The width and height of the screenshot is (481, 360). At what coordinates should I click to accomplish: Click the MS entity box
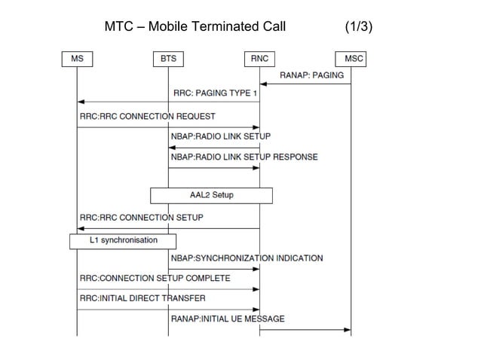click(77, 58)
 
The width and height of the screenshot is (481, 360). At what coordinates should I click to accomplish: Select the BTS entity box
click(168, 58)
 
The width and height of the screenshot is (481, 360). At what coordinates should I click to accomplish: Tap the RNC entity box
click(260, 58)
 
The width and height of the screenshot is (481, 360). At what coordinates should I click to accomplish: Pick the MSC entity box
click(351, 58)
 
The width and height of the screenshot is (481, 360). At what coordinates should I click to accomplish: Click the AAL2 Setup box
click(211, 195)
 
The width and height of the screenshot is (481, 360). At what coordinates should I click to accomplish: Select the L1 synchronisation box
click(122, 241)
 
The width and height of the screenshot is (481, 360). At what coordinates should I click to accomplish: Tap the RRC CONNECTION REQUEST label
click(147, 117)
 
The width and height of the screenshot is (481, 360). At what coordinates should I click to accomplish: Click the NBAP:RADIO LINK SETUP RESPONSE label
click(244, 157)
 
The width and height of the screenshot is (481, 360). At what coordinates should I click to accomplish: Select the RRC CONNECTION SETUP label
click(141, 218)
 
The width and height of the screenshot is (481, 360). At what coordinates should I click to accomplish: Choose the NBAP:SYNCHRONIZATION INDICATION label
click(247, 258)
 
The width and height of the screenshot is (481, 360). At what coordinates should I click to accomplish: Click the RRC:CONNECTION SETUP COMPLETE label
click(155, 279)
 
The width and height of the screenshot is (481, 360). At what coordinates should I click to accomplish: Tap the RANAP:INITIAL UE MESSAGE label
click(228, 319)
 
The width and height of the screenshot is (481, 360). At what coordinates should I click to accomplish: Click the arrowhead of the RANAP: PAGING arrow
click(264, 84)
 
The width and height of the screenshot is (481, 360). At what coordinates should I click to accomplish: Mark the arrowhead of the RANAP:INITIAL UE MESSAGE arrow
click(348, 329)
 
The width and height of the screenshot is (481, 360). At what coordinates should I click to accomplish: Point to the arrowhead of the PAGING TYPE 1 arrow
click(81, 102)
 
